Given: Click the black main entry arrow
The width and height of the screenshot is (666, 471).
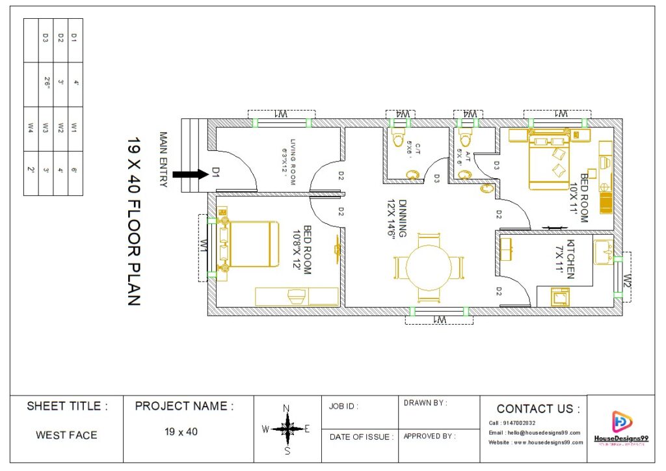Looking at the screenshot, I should [x=193, y=174].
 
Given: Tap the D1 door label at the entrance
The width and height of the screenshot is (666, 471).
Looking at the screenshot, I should [x=215, y=172].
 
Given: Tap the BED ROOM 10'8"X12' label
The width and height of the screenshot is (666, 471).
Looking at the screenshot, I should [x=302, y=250].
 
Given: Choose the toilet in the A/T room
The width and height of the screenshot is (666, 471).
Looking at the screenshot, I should [x=466, y=139].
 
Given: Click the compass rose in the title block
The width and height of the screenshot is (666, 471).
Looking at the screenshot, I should [x=286, y=429].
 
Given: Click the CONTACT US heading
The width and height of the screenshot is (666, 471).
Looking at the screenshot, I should [x=538, y=409].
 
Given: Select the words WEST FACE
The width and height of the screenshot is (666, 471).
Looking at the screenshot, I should [x=66, y=435].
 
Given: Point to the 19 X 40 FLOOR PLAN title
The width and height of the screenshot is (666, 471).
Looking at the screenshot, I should [x=133, y=221].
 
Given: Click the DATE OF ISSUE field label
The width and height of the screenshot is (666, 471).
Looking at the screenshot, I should [x=361, y=437].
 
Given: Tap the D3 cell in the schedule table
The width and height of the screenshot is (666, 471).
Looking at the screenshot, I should [x=46, y=38].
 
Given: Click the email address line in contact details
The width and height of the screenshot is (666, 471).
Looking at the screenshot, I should [x=534, y=433].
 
